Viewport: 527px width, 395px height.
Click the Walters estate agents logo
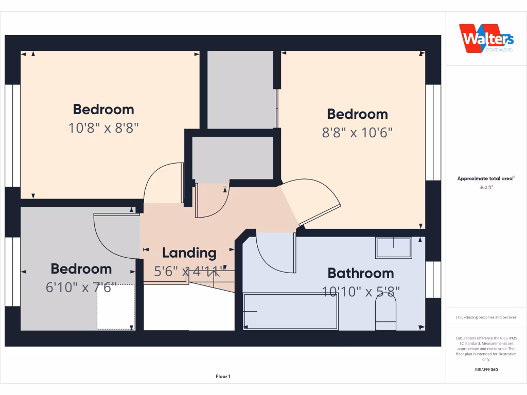click(x=486, y=39)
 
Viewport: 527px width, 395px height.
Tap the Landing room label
click(x=189, y=253)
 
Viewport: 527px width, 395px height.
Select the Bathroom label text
click(x=360, y=273)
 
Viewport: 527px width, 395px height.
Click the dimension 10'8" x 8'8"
click(x=104, y=128)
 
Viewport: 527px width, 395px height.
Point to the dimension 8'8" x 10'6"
click(x=357, y=133)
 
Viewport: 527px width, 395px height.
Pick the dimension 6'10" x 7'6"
click(x=81, y=288)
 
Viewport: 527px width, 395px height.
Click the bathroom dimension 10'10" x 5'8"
click(x=361, y=292)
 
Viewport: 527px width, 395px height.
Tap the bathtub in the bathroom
click(x=290, y=311)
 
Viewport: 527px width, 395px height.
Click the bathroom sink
click(x=394, y=248)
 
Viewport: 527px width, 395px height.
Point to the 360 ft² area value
click(x=486, y=188)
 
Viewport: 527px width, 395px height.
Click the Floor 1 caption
click(x=223, y=377)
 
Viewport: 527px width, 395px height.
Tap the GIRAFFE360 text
click(x=486, y=370)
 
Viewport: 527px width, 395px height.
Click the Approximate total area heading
click(x=486, y=178)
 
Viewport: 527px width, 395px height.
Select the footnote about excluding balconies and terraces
click(x=486, y=317)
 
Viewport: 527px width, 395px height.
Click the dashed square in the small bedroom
click(x=116, y=307)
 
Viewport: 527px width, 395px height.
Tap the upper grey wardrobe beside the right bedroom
click(x=240, y=89)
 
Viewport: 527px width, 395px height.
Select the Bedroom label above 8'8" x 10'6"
click(x=357, y=114)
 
